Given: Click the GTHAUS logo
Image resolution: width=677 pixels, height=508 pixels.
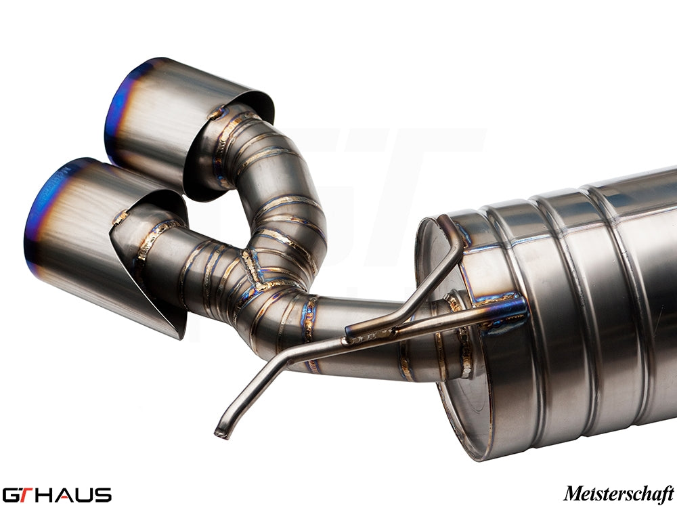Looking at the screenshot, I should (57, 494).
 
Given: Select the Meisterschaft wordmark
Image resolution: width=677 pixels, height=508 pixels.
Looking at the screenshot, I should (618, 493).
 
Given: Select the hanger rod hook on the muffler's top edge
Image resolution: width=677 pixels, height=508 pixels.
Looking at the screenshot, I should (450, 227).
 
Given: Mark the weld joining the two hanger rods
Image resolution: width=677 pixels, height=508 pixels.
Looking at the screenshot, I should (369, 332).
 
